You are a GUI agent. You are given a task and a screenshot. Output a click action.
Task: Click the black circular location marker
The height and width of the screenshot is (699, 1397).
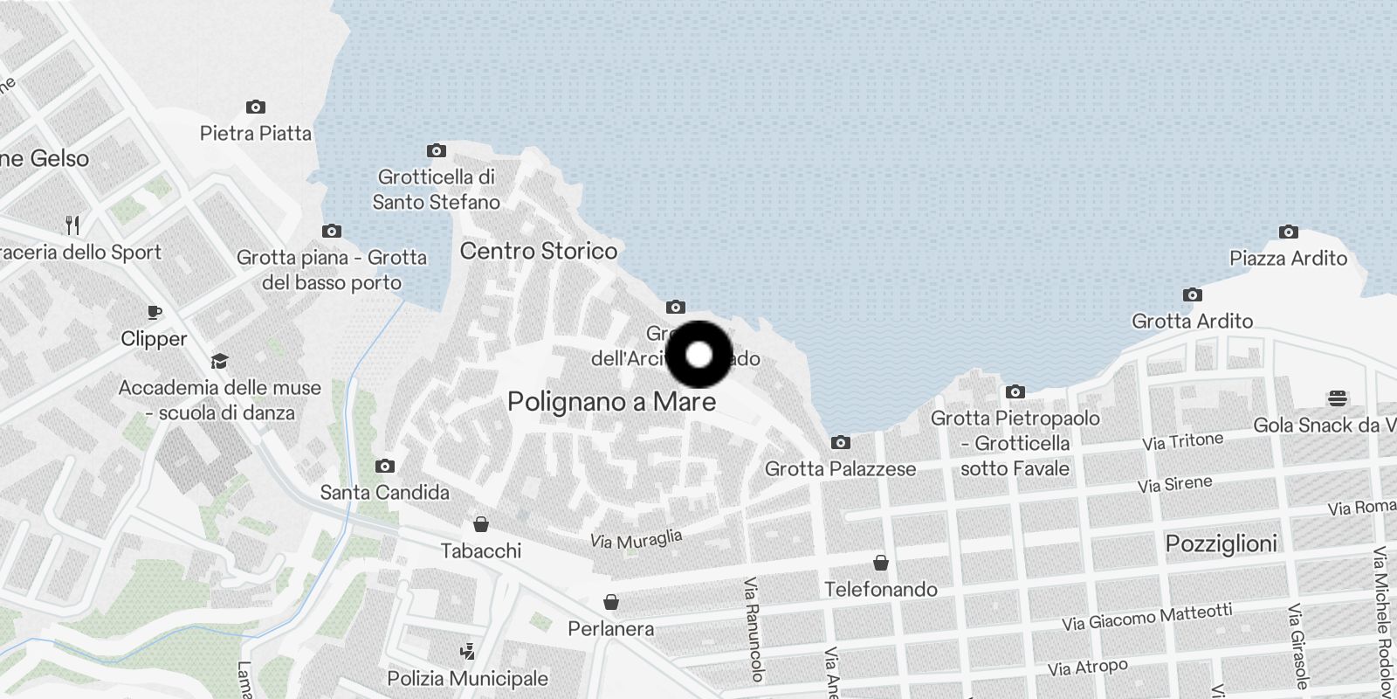[x=698, y=355]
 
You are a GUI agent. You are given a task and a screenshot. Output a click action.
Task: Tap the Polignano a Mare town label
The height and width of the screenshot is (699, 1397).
[x=611, y=402]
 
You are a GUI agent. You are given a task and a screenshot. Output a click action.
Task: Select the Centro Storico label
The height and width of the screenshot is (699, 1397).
[x=538, y=252]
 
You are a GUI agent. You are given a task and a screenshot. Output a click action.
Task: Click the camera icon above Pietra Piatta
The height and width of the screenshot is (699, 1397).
[x=255, y=107]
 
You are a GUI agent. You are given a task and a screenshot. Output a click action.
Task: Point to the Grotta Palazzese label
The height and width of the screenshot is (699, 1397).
[x=840, y=469]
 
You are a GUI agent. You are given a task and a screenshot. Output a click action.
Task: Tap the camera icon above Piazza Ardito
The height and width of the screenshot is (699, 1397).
[x=1288, y=232]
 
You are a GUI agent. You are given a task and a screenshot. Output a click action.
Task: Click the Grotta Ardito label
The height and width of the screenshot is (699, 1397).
[x=1192, y=322]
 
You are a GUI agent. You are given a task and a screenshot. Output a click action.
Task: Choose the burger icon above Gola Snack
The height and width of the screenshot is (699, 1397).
[x=1337, y=399]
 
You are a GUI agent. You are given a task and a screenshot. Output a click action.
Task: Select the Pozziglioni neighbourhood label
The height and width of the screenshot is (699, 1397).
[x=1221, y=543]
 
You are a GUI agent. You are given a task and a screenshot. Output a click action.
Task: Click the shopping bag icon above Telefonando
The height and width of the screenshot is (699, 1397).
[x=881, y=563]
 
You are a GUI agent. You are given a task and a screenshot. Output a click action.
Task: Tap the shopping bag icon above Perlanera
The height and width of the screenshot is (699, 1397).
[x=611, y=602]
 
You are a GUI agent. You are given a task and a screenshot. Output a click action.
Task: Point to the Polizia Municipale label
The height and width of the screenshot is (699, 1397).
[x=467, y=679]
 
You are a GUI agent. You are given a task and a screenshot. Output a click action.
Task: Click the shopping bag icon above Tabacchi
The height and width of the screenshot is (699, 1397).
[x=480, y=524]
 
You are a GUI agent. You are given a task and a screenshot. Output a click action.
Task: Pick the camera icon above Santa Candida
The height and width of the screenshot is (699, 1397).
[x=384, y=467]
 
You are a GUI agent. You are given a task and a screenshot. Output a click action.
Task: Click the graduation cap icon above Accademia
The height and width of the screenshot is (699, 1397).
[x=219, y=362]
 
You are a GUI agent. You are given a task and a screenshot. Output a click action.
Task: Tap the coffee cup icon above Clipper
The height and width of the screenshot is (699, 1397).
[x=155, y=312]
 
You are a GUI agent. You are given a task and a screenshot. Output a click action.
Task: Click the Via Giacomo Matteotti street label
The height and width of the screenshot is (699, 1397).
[x=1146, y=617]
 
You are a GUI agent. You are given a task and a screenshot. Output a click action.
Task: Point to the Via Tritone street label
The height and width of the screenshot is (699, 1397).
[x=1182, y=441]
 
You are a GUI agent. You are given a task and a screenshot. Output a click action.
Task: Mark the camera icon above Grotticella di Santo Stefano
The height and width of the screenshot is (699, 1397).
[x=436, y=151]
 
